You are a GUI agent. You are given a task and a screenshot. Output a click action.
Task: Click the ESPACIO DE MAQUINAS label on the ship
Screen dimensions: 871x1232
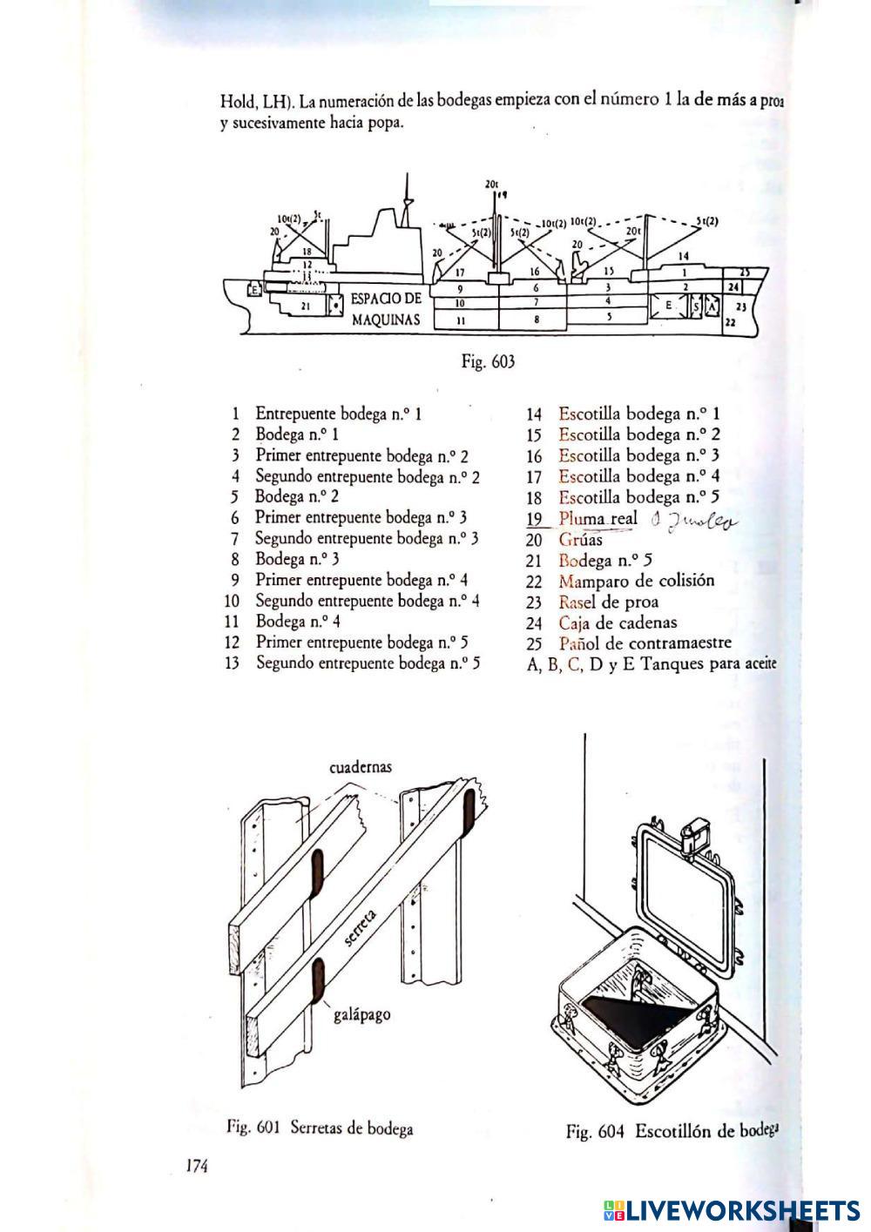pos(385,309)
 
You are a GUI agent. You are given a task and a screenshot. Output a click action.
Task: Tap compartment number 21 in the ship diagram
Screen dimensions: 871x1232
pos(306,306)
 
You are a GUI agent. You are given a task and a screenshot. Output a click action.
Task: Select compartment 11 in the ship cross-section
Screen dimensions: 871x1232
pos(459,320)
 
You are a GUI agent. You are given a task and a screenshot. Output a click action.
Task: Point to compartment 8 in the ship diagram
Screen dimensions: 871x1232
pos(537,320)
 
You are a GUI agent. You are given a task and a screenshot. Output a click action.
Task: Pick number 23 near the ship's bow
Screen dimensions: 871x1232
pos(741,306)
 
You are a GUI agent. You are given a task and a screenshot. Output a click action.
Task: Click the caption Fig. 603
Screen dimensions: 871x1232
pos(488,361)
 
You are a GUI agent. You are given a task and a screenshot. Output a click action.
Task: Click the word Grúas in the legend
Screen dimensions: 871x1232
pos(580,540)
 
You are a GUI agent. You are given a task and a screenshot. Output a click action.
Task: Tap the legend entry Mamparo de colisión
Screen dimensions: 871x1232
pos(636,581)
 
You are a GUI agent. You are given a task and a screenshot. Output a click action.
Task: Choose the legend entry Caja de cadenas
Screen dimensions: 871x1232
pos(617,623)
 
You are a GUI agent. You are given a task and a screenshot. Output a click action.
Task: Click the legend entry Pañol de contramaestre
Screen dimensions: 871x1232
pos(645,643)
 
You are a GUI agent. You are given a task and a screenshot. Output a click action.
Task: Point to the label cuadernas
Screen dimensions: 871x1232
pos(361,767)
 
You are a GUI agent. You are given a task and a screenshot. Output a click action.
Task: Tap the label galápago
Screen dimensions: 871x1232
pos(361,1014)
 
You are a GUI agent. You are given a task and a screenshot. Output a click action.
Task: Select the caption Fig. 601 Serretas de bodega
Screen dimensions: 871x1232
pos(320,1128)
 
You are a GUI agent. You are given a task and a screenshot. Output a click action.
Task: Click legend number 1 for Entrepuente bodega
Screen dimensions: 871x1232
pos(235,414)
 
